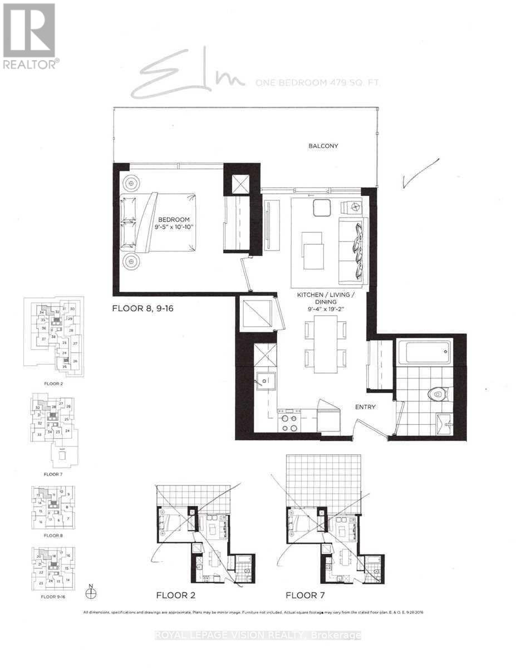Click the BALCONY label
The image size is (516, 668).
coord(324,146)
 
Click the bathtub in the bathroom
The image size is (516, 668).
coord(424,353)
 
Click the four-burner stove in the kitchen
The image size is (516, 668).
coord(289,423)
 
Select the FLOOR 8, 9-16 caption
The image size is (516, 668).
coord(144,308)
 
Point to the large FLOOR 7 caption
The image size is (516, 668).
coord(306,595)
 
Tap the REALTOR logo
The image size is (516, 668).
coord(29,36)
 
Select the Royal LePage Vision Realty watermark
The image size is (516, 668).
coord(258,635)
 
